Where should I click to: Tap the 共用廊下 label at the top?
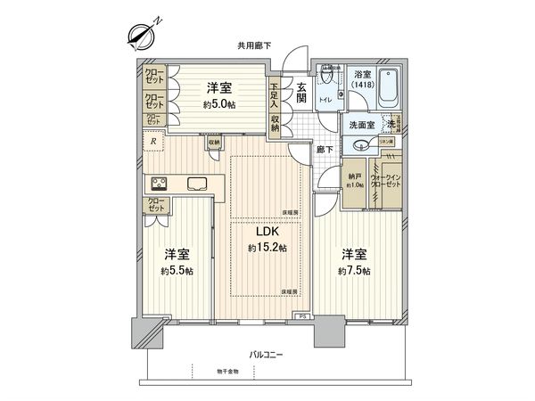tap(254, 45)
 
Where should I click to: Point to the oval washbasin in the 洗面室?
tap(361, 145)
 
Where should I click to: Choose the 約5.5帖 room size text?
tap(177, 270)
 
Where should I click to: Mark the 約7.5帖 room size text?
tap(354, 270)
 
